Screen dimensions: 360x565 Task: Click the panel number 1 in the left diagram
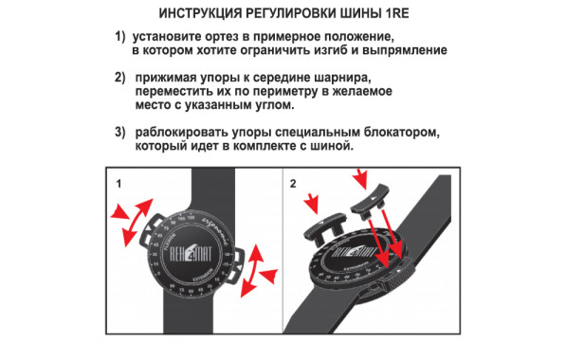(x=118, y=180)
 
